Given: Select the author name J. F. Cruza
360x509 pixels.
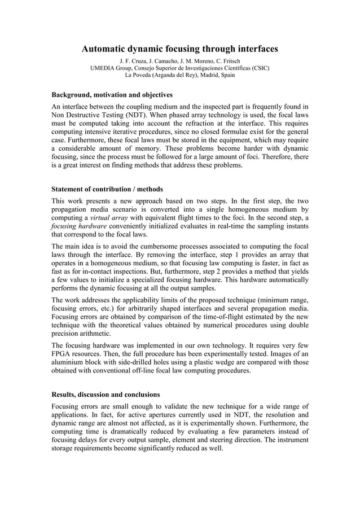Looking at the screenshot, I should click(134, 61).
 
